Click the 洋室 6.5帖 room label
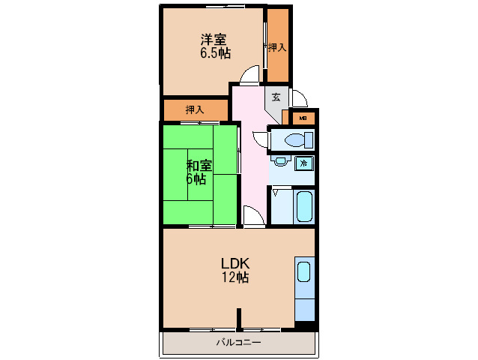(215, 46)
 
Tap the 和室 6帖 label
(199, 172)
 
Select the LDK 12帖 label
(235, 270)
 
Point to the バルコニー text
(239, 342)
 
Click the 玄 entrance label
(276, 97)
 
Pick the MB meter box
(303, 118)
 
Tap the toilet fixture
(299, 140)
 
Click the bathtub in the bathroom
(304, 206)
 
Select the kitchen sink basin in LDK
(304, 271)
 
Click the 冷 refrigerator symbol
(304, 163)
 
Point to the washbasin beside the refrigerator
(281, 160)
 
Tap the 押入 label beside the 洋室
(277, 47)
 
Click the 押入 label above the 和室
(195, 109)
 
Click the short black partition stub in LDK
(239, 319)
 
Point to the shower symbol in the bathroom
(276, 192)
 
